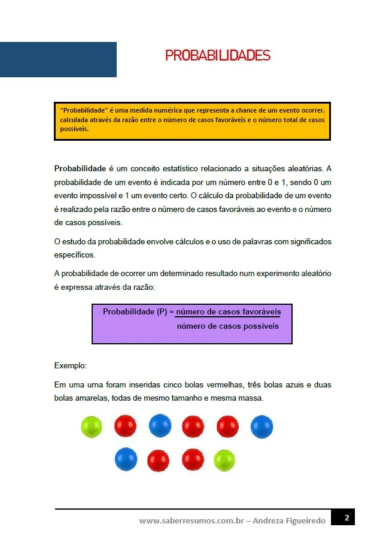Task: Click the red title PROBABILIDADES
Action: tap(217, 56)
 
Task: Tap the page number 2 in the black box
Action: tap(347, 517)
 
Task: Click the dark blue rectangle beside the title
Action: tap(58, 59)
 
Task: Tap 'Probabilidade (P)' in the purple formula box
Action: tap(135, 312)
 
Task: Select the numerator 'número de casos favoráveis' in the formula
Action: tap(227, 312)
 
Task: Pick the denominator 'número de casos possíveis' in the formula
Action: tap(227, 326)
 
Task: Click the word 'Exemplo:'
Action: tap(70, 365)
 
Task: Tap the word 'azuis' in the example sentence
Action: tap(290, 384)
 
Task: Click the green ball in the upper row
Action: tap(92, 427)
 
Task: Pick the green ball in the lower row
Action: tap(225, 460)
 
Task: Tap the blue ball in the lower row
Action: tap(126, 459)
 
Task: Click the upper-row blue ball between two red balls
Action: tap(160, 426)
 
